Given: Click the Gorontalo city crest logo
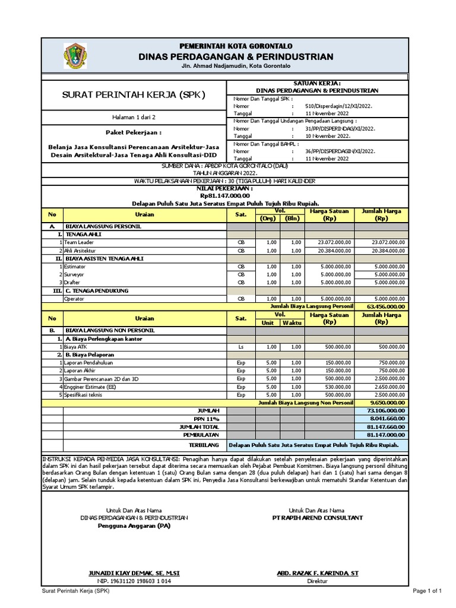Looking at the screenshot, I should click(75, 56).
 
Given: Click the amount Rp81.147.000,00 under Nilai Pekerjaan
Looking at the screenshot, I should click(225, 195).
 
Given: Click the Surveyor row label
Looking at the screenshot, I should click(74, 275).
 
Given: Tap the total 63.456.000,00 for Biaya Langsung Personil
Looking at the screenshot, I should click(381, 306).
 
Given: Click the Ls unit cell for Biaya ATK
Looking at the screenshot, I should click(240, 346).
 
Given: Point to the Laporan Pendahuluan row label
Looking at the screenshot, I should click(88, 362).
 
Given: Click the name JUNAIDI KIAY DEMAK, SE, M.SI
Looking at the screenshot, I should click(134, 573).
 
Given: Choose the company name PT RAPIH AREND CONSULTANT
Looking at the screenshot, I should click(317, 518).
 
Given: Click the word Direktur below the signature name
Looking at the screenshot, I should click(317, 581).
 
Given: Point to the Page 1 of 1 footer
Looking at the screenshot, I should click(428, 591).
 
